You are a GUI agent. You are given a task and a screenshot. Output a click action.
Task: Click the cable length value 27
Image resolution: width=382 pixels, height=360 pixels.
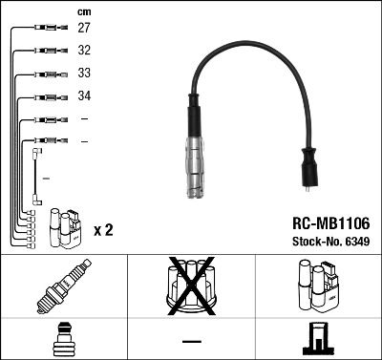(84, 30)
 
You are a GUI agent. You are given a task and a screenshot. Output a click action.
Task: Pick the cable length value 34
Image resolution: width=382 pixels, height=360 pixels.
(84, 96)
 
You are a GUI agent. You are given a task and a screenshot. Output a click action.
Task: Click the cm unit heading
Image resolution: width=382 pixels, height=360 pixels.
(83, 11)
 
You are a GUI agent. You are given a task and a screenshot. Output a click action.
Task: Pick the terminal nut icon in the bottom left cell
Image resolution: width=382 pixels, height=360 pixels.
(62, 338)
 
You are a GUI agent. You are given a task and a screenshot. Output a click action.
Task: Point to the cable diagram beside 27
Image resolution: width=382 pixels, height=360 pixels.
(46, 30)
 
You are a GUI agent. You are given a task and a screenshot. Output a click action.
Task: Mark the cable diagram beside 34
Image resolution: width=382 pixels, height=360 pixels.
(46, 96)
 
